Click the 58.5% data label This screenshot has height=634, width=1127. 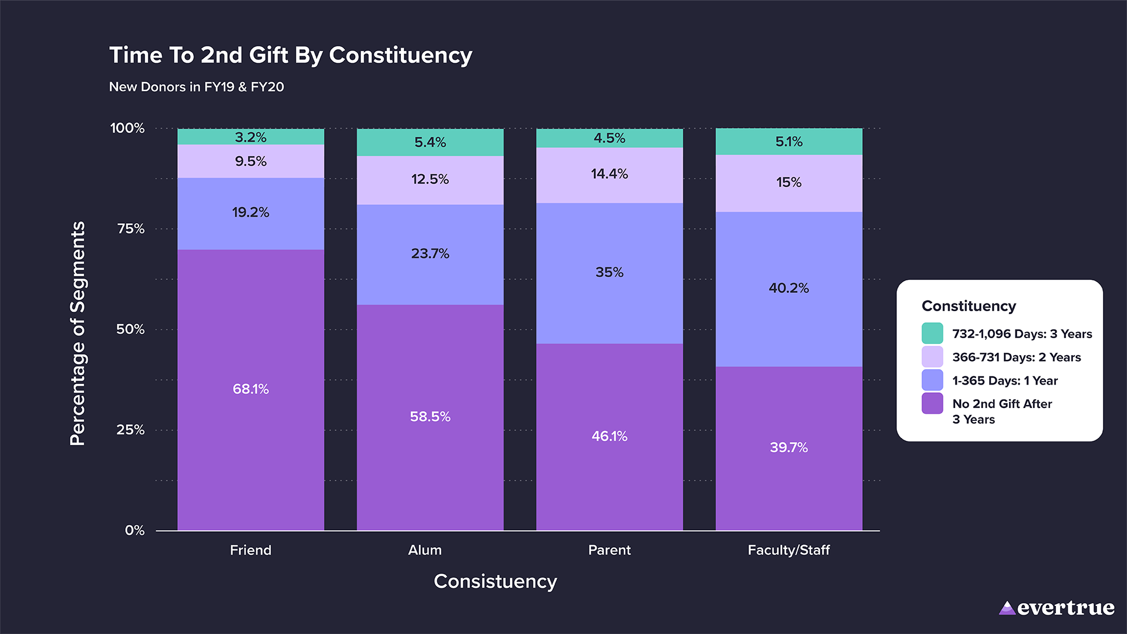[x=430, y=417]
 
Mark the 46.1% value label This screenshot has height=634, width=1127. [x=609, y=436]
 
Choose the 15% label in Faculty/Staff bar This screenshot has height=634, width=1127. [x=788, y=183]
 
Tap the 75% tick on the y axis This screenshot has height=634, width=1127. [x=131, y=229]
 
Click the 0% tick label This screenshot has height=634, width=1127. [x=134, y=531]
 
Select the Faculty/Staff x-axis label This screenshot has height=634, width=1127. [x=788, y=550]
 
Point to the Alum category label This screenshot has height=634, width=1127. [x=425, y=550]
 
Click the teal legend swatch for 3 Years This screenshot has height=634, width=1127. [x=932, y=333]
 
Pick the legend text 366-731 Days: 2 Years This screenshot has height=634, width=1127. [x=1016, y=357]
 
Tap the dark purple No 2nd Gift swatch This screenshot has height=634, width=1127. [x=932, y=404]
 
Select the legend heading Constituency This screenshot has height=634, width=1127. [x=969, y=306]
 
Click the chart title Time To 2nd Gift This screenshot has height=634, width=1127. [x=291, y=55]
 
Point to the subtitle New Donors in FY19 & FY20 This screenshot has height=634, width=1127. [x=197, y=87]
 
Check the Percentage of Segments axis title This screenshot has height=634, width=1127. [x=77, y=333]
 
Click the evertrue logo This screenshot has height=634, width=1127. [x=1057, y=608]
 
